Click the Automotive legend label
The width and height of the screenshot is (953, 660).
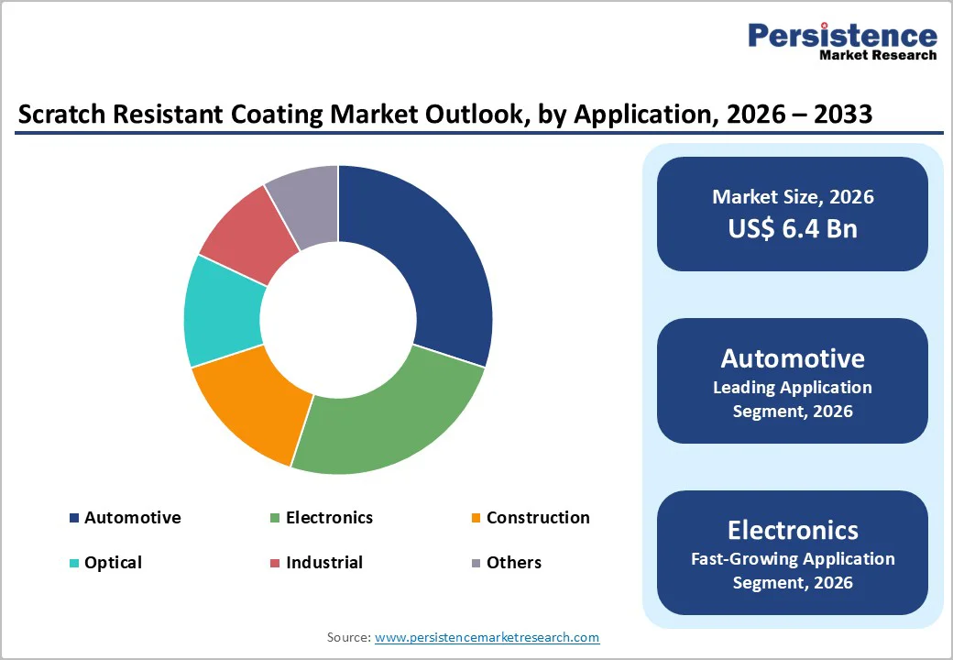point(133,518)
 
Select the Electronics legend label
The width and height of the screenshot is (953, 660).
point(329,518)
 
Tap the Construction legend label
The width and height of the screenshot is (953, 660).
point(538,518)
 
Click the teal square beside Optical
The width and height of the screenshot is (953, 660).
point(74,563)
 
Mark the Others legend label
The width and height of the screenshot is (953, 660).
point(514,563)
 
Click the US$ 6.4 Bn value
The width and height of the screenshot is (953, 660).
point(793,228)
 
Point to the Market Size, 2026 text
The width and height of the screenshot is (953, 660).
point(793,197)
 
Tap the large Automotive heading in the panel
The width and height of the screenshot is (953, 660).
point(793,357)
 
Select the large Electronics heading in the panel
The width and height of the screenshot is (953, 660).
point(793,530)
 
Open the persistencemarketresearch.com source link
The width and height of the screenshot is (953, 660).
point(487,637)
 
